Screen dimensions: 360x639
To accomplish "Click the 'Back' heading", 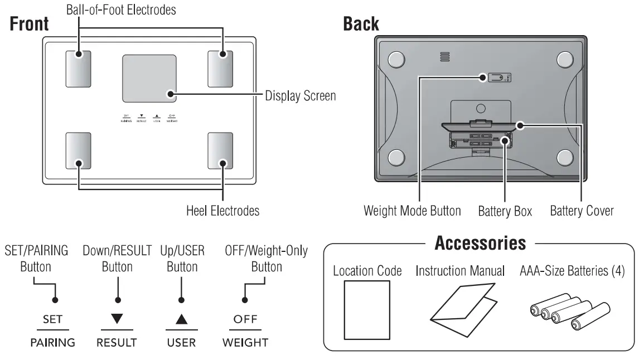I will click(x=362, y=25).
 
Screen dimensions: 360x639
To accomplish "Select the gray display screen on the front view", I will click(x=149, y=78).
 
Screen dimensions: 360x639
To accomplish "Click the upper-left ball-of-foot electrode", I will click(x=79, y=69).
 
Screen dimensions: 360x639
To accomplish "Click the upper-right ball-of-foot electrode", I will click(x=221, y=69).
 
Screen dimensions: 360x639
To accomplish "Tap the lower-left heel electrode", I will click(x=79, y=150).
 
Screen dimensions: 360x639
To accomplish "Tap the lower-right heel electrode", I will click(x=221, y=150).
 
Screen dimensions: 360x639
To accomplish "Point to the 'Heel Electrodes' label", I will click(x=222, y=211).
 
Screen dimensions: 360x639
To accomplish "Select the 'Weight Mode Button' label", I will click(x=412, y=211).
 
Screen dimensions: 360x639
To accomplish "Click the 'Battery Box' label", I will click(x=505, y=211).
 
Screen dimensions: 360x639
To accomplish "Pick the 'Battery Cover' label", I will click(x=582, y=211).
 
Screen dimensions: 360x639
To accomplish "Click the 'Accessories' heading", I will click(x=480, y=244).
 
